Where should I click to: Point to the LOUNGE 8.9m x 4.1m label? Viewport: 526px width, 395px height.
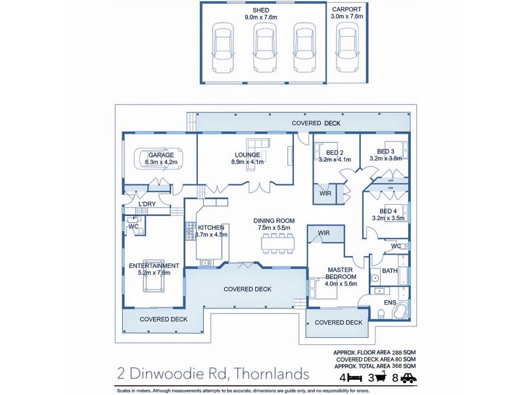tap(247, 159)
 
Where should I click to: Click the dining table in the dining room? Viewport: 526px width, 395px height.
tap(279, 244)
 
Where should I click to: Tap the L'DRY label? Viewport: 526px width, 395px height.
tap(147, 204)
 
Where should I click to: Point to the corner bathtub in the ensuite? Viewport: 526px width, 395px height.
tap(400, 310)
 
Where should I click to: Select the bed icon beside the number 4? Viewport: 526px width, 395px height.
tap(356, 378)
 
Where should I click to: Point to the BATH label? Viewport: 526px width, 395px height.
tap(389, 271)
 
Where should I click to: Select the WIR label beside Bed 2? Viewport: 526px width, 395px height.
tap(325, 194)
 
